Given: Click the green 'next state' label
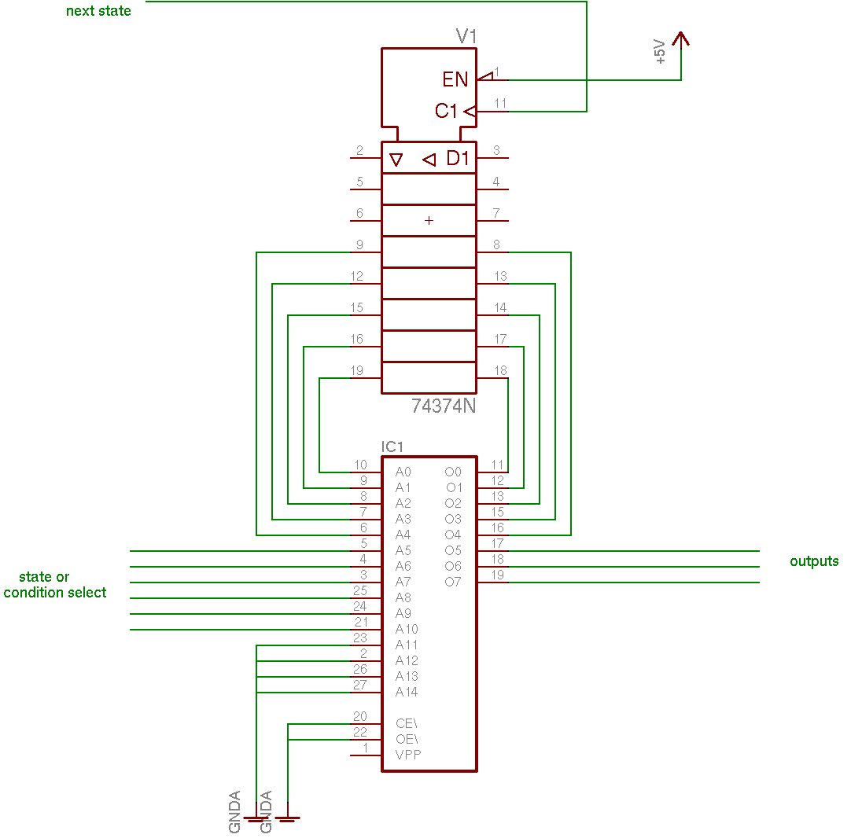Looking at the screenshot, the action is click(x=98, y=11).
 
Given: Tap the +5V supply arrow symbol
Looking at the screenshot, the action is click(x=681, y=40).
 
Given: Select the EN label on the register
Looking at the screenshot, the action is click(x=455, y=79).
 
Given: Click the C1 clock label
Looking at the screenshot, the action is click(x=446, y=111).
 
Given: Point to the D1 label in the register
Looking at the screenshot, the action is click(x=458, y=158).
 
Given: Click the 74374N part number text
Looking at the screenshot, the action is click(x=444, y=406).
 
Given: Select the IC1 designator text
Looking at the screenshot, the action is click(x=392, y=447).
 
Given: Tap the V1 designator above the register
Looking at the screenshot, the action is click(x=466, y=37).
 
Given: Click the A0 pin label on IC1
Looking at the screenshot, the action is click(x=403, y=472).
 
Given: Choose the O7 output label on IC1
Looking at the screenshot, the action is click(x=453, y=582).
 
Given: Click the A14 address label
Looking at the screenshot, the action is click(x=407, y=692).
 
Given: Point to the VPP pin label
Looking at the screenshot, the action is click(x=408, y=755).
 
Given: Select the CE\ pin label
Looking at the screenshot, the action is click(x=407, y=724).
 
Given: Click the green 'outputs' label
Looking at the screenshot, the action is click(x=814, y=561).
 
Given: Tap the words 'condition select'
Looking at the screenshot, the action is click(x=55, y=593).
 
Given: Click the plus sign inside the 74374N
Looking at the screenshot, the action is click(x=429, y=220).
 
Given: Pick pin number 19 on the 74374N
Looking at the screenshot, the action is click(x=357, y=371).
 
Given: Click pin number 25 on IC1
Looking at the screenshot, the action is click(x=360, y=590).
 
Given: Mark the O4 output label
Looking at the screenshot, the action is click(x=453, y=535).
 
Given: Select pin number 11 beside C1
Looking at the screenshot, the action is click(x=500, y=103).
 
